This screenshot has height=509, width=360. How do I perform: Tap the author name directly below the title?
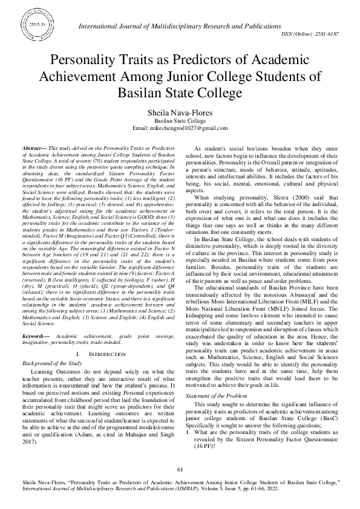180,113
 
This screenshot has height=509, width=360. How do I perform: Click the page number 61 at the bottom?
180,470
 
